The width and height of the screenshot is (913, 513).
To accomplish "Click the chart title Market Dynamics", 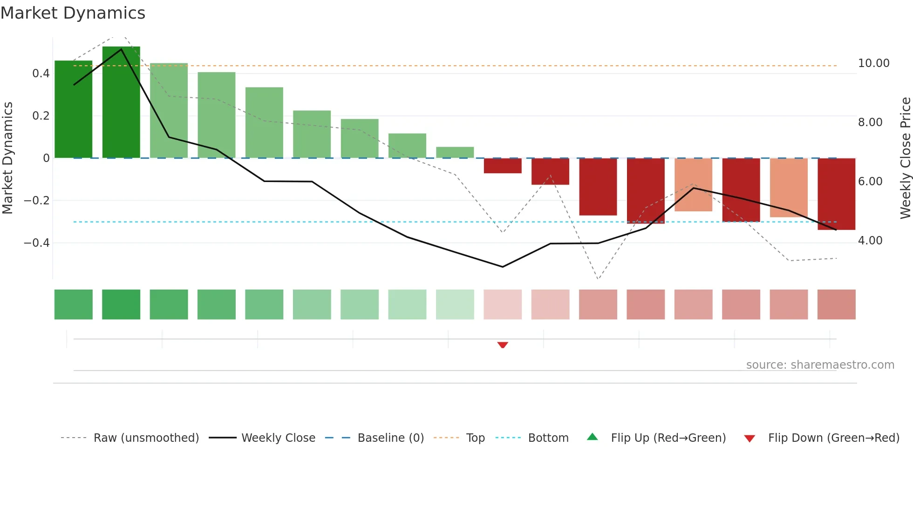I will pos(73,13).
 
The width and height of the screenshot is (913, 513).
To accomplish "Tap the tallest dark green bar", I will pos(121,102).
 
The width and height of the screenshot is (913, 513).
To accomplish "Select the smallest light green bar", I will pos(455,152).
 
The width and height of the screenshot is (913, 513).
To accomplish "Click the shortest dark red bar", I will pos(503,166).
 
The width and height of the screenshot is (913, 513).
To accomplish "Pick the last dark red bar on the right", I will pos(836,194).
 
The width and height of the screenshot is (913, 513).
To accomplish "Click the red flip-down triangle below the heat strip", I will pos(503,345).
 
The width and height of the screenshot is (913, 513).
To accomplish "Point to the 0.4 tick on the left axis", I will pos(41,74).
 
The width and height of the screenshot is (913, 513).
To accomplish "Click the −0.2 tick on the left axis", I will pos(36,201).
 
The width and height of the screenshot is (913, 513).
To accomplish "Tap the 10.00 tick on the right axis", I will pos(873,63).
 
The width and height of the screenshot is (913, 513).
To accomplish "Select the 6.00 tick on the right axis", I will pos(870,182).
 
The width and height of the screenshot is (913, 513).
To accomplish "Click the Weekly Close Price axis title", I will pos(905,158).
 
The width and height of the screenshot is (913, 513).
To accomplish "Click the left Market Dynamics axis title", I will pos(7,158).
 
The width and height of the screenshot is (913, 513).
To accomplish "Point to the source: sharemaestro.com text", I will pos(820,365).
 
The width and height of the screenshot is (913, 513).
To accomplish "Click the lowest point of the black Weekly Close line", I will pos(503,267).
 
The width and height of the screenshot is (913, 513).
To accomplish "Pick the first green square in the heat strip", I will pos(74,304).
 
